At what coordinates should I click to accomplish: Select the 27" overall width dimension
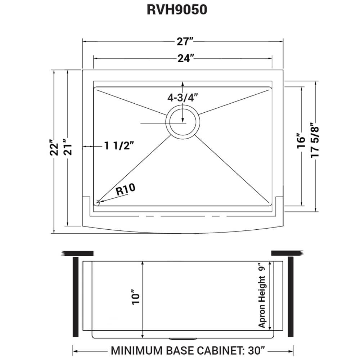[183, 42]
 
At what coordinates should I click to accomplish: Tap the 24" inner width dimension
[183, 58]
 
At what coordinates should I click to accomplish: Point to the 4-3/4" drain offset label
[183, 98]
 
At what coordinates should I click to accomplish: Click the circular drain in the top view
[183, 121]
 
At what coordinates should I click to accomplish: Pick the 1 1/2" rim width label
[119, 146]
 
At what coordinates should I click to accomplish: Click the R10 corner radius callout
[125, 190]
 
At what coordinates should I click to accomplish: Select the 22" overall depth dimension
[54, 147]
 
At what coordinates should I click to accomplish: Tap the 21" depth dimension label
[68, 147]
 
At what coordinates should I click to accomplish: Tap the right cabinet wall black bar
[291, 297]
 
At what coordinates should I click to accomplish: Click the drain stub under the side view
[183, 338]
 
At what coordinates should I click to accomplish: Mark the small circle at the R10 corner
[97, 202]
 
